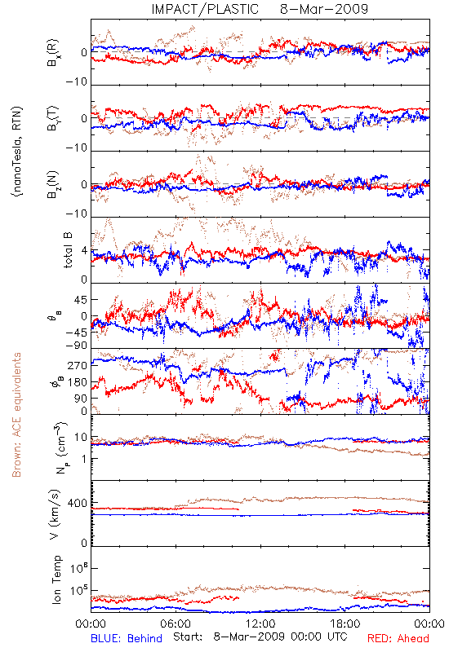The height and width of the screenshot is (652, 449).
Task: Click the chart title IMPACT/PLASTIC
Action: point(205,9)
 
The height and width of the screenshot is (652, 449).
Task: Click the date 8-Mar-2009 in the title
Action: point(324,9)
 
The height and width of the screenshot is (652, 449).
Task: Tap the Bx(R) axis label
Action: point(53,53)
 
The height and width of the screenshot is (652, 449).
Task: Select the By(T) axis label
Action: point(53,118)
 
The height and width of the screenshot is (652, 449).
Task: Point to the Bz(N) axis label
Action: point(53,184)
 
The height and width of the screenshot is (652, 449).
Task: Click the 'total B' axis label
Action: point(68,250)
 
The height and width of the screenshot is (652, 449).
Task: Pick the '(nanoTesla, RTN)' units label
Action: point(17,152)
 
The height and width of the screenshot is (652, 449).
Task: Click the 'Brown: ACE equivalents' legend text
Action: point(16,415)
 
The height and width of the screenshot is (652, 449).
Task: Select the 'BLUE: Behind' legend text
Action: point(127,638)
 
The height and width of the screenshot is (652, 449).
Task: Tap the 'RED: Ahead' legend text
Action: point(398,638)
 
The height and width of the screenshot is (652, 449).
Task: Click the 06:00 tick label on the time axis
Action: point(176,623)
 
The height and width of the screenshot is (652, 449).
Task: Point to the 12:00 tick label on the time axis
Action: point(260,623)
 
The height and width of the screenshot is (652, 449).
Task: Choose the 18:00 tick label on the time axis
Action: point(345,623)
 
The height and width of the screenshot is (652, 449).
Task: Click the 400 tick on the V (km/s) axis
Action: point(78,503)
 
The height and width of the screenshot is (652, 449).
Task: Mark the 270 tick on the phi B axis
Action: point(78,365)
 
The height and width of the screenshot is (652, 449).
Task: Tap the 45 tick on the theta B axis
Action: point(81,300)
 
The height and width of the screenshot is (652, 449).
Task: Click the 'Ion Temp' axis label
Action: point(56,579)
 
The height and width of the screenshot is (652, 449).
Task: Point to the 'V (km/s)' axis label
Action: point(55,514)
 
